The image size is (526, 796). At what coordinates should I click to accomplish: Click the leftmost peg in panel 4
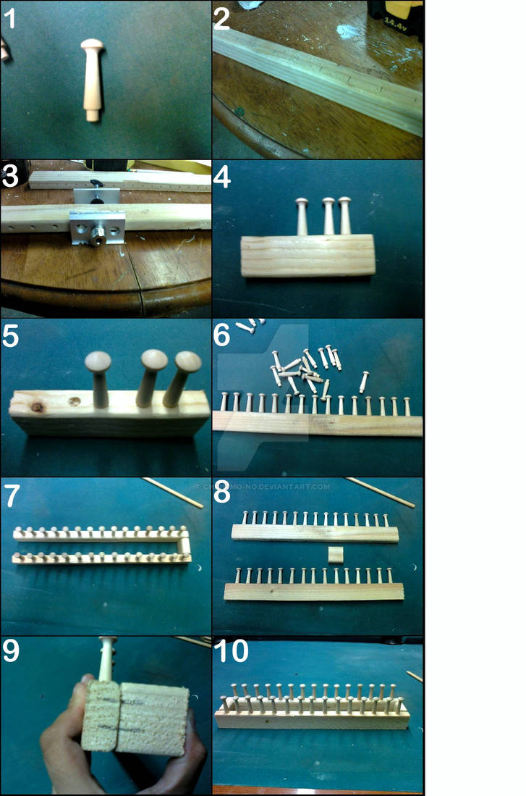(302, 216)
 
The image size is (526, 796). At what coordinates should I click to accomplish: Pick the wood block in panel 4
(308, 255)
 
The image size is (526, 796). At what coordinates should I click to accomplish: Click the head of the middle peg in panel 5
(153, 360)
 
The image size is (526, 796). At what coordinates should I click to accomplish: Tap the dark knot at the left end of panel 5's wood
(35, 408)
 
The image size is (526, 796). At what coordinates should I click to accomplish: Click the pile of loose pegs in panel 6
(304, 366)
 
